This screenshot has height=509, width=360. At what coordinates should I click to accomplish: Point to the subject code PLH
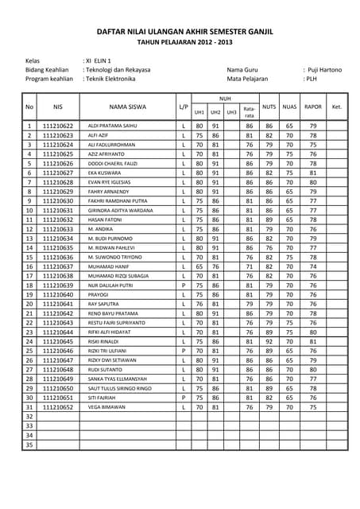[312, 80]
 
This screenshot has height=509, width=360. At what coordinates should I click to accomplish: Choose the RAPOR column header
[313, 106]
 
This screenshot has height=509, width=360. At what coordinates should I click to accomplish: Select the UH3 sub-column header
[231, 112]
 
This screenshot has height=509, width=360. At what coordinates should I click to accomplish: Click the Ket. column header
[337, 106]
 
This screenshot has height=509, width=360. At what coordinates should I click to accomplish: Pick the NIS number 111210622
[57, 126]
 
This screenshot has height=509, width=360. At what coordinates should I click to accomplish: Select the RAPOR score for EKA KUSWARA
[313, 172]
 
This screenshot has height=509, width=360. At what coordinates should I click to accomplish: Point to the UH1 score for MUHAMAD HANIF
[199, 289]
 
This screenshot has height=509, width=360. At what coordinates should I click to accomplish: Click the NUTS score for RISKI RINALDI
[269, 343]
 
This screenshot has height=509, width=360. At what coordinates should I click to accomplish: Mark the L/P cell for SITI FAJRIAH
[184, 397]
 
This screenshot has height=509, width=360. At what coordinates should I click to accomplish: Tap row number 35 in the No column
[29, 445]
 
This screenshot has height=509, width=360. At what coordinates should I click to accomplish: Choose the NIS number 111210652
[57, 406]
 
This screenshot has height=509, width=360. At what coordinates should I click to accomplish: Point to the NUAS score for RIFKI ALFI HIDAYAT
[290, 333]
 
